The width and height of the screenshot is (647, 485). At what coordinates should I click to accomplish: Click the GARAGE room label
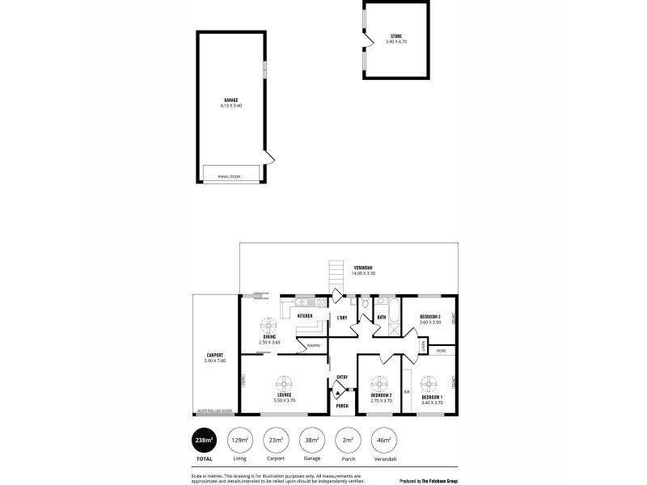(231, 100)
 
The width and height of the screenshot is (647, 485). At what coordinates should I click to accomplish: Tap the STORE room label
(396, 36)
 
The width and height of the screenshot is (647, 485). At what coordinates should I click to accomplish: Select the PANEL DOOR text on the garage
(230, 176)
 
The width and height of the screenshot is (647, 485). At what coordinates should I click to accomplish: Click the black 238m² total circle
(203, 440)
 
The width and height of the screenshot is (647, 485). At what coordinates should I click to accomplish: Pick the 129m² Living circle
(239, 440)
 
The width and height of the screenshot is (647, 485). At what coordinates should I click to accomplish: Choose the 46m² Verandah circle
(383, 440)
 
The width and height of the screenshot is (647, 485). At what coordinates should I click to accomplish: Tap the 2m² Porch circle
(347, 440)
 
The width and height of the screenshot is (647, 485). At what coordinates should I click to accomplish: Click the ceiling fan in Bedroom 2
(380, 382)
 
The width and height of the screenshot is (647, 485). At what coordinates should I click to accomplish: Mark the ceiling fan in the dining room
(269, 325)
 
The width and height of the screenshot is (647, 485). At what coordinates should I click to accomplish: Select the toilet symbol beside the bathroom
(366, 305)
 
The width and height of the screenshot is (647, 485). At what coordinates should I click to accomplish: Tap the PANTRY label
(313, 346)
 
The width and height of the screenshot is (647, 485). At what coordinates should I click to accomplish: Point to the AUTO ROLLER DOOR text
(215, 410)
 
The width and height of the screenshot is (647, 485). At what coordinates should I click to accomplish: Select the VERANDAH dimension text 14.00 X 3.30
(362, 274)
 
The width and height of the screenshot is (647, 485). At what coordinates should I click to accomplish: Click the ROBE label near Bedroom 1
(442, 351)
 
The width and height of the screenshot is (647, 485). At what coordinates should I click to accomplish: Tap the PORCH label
(342, 406)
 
